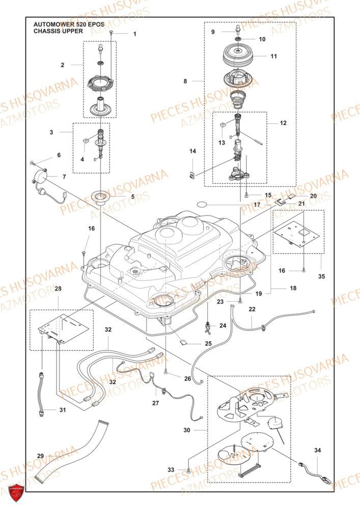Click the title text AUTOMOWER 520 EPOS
click(x=62, y=24)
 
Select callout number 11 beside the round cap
click(x=273, y=56)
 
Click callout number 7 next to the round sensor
click(x=64, y=177)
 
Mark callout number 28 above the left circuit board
click(x=58, y=289)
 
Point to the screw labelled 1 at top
click(x=109, y=34)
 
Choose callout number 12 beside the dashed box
click(x=283, y=123)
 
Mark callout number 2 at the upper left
click(x=62, y=65)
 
